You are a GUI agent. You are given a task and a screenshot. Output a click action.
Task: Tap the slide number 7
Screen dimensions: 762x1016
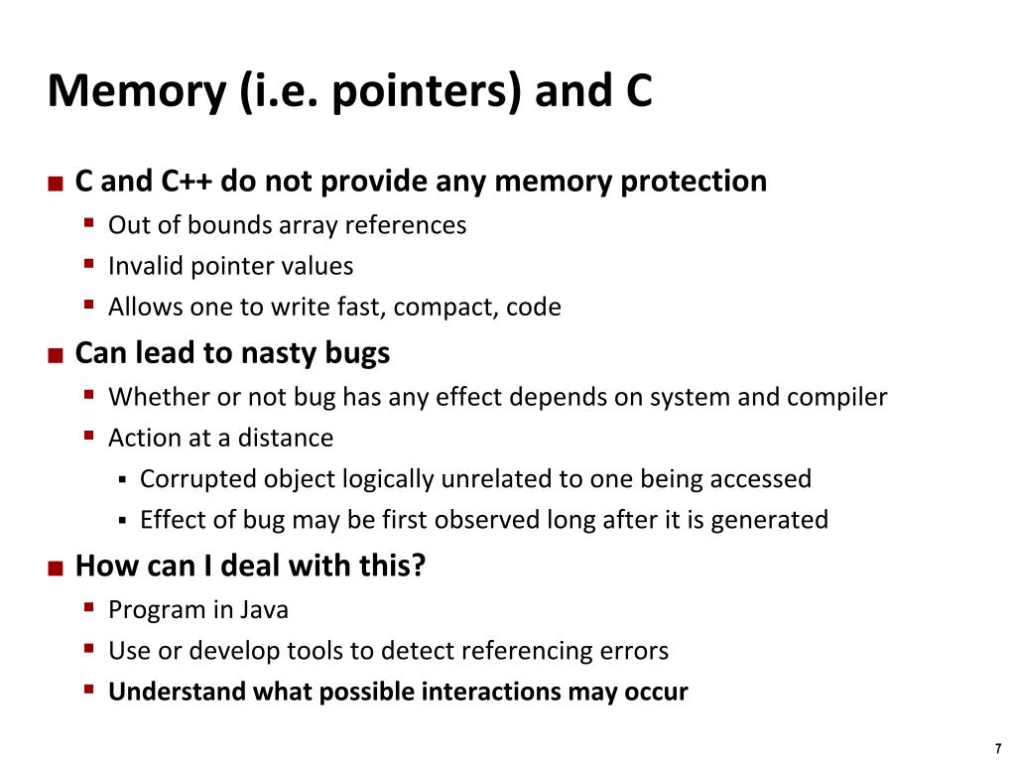pos(997,749)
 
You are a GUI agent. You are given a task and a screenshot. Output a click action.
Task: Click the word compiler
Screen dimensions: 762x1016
pos(837,397)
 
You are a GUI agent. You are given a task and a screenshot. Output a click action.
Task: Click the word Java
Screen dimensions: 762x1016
pos(263,609)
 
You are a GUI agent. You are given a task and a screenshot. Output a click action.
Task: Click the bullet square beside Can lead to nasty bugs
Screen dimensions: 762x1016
pos(56,354)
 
